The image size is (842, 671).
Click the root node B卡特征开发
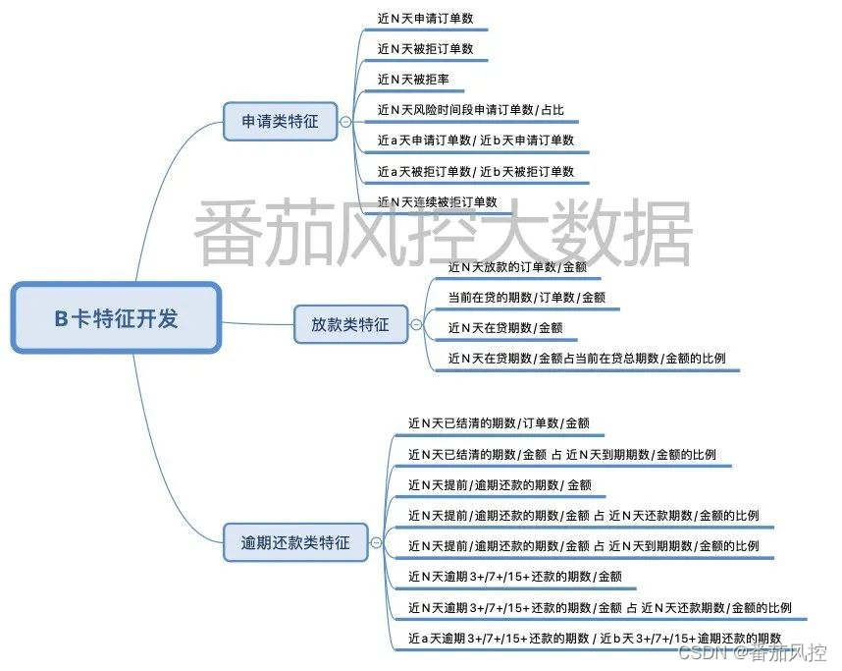(x=116, y=318)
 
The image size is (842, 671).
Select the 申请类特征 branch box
(x=280, y=121)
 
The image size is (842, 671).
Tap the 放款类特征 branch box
(x=350, y=324)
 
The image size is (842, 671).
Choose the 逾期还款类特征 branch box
(x=294, y=541)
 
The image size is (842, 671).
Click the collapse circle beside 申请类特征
(x=345, y=122)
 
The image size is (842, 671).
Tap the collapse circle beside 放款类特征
(x=416, y=324)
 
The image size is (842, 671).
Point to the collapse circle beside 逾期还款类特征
(x=375, y=541)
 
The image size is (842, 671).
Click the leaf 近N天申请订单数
(x=432, y=18)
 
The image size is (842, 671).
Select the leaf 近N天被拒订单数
(x=432, y=48)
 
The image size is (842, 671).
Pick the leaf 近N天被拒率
(x=413, y=79)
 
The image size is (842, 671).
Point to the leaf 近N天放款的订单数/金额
(x=517, y=266)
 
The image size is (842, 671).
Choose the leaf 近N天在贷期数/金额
(x=504, y=327)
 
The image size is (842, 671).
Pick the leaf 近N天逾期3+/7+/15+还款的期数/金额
(x=515, y=577)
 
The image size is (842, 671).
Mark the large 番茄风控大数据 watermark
(x=442, y=233)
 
